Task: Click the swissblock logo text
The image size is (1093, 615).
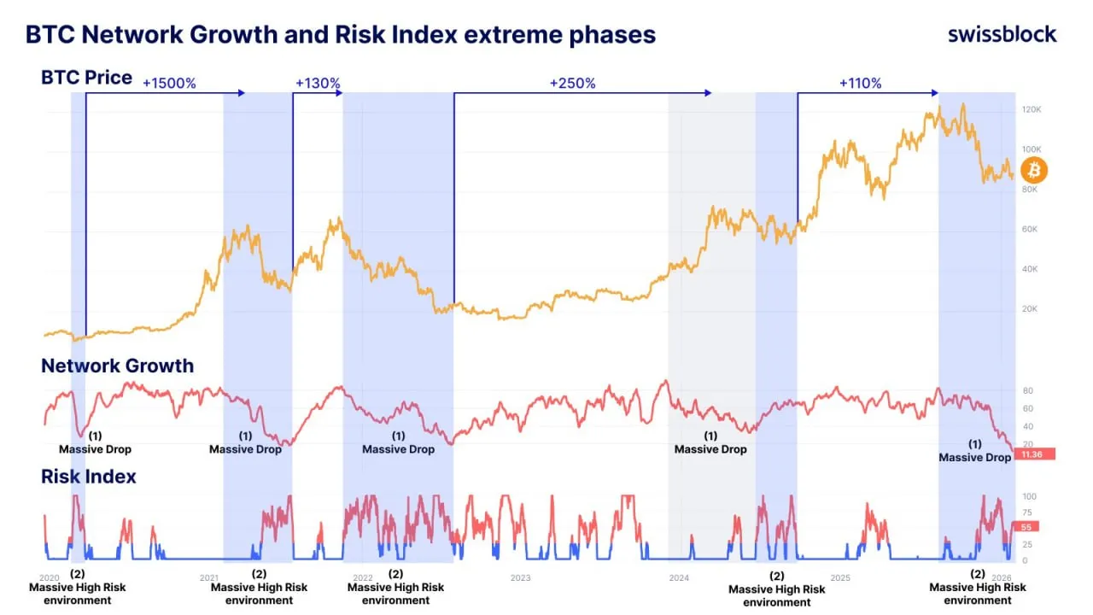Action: point(1002,34)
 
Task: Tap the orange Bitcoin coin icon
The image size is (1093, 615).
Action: point(1033,170)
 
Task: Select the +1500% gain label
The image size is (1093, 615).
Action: point(169,84)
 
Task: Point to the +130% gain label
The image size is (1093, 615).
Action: point(318,84)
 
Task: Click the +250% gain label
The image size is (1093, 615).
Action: point(572,84)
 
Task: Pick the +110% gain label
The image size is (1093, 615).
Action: point(860,84)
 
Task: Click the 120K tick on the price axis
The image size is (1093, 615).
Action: point(1032,110)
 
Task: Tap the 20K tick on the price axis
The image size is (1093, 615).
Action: point(1030,309)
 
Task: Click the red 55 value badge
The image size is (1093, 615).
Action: point(1025,528)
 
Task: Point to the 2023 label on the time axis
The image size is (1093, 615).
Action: point(520,577)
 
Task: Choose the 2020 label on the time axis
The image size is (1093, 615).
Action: point(50,577)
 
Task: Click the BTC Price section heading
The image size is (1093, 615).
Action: point(86,78)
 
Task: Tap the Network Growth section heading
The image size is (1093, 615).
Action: point(117,366)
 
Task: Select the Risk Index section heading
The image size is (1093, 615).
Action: point(88,477)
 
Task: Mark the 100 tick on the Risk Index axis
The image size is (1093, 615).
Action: point(1029,497)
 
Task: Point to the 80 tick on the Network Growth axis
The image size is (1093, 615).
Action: point(1027,390)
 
